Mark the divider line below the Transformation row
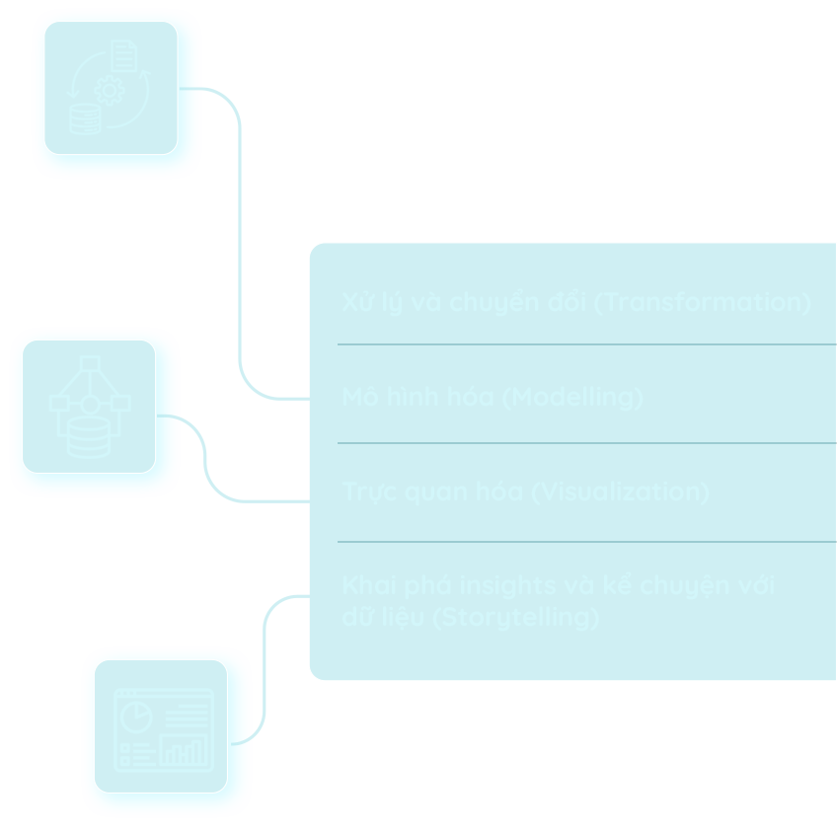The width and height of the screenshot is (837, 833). click(x=586, y=344)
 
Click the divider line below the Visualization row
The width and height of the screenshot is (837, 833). click(x=586, y=542)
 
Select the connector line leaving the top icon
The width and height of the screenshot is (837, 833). click(x=240, y=237)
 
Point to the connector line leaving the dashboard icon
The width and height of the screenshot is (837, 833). click(x=265, y=671)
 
